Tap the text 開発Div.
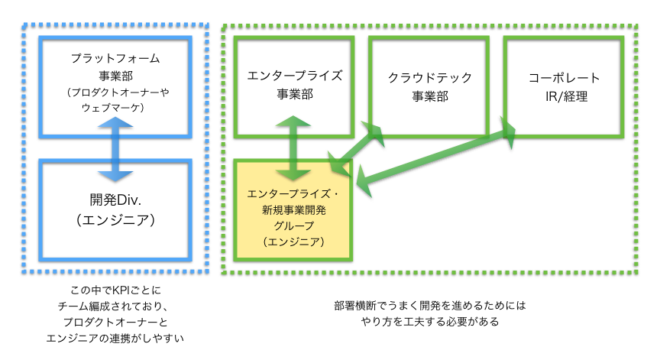point(114,202)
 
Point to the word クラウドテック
point(429,77)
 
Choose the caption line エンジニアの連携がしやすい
point(114,336)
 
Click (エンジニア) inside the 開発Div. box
point(114,221)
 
